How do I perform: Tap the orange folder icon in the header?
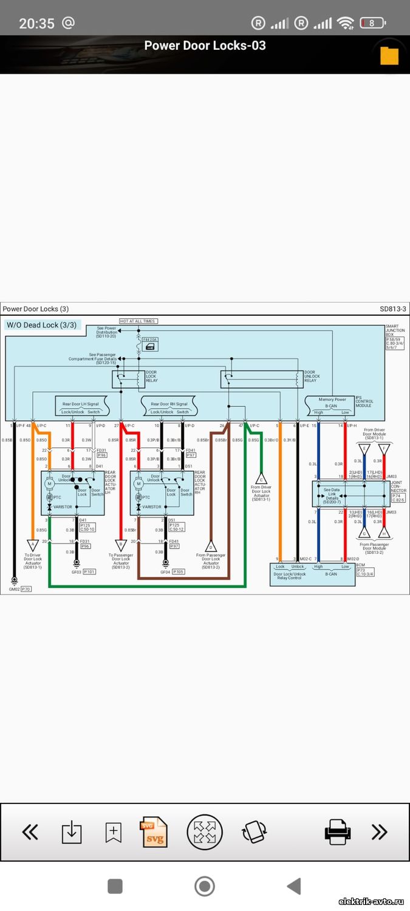click(389, 55)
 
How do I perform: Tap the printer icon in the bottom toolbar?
click(337, 831)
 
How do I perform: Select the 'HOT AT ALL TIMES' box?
click(138, 321)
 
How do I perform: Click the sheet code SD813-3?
click(393, 309)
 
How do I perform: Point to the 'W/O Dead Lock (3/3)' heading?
click(42, 325)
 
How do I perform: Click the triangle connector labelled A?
click(32, 545)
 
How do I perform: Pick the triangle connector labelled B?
click(121, 545)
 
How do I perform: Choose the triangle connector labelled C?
click(262, 479)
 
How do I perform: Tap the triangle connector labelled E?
click(364, 449)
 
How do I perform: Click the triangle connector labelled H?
click(384, 533)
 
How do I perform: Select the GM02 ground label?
click(13, 589)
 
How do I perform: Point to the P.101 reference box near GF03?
click(89, 572)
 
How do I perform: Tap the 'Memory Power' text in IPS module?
click(332, 400)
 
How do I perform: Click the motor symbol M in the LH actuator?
click(50, 483)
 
